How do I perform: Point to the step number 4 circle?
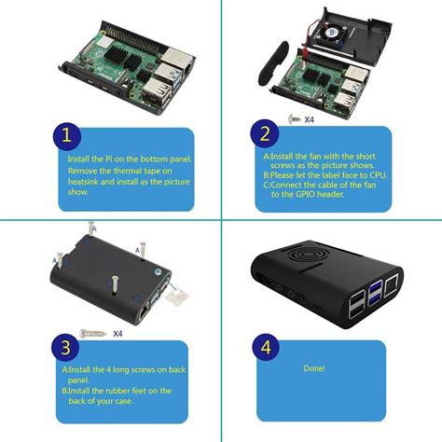[x=266, y=349]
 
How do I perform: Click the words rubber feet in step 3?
[x=133, y=390]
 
